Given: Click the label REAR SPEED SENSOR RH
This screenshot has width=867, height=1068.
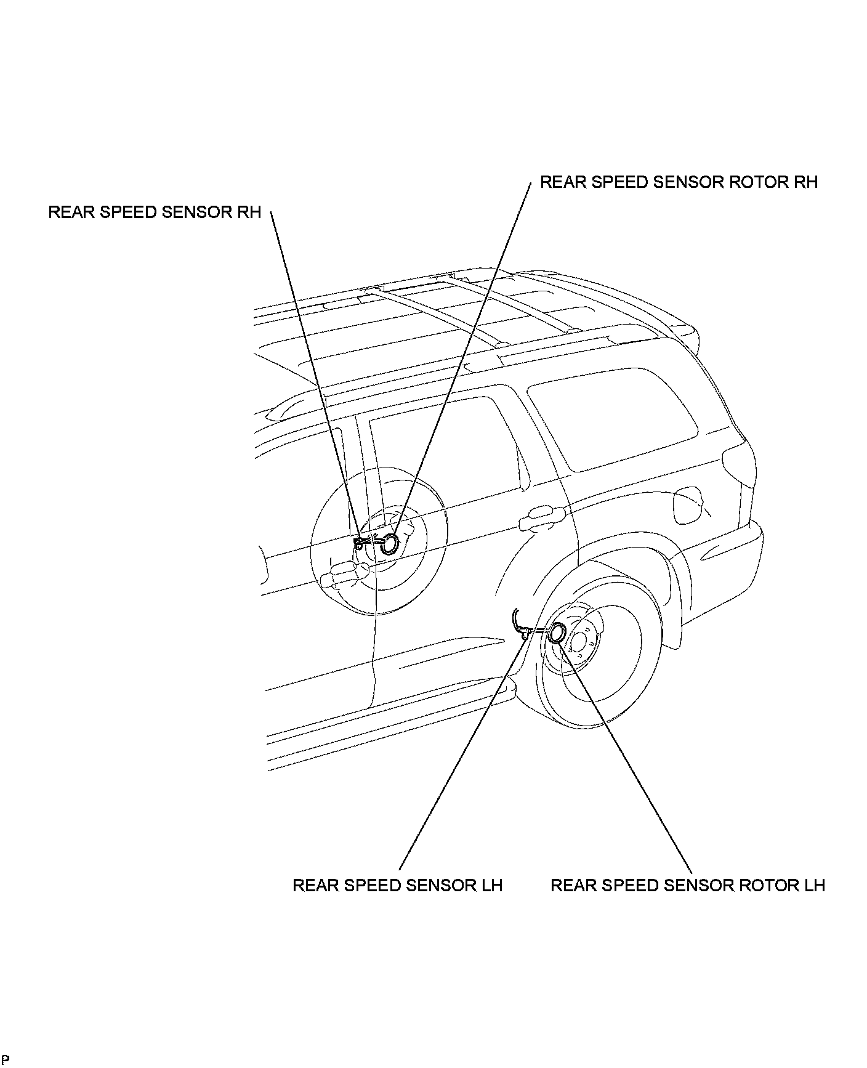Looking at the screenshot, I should [155, 212].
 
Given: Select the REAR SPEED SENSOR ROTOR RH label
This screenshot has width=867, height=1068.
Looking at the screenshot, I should [679, 182].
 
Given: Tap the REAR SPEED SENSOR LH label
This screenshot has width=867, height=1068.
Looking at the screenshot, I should [397, 885].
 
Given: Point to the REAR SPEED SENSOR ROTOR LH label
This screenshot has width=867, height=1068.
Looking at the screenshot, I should [687, 885].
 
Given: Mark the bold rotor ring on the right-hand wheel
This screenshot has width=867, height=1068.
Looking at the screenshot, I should [389, 543].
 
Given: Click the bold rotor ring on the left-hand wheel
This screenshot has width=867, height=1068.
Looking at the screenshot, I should [558, 633].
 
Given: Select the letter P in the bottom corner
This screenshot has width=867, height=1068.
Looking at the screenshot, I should [5, 1060].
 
